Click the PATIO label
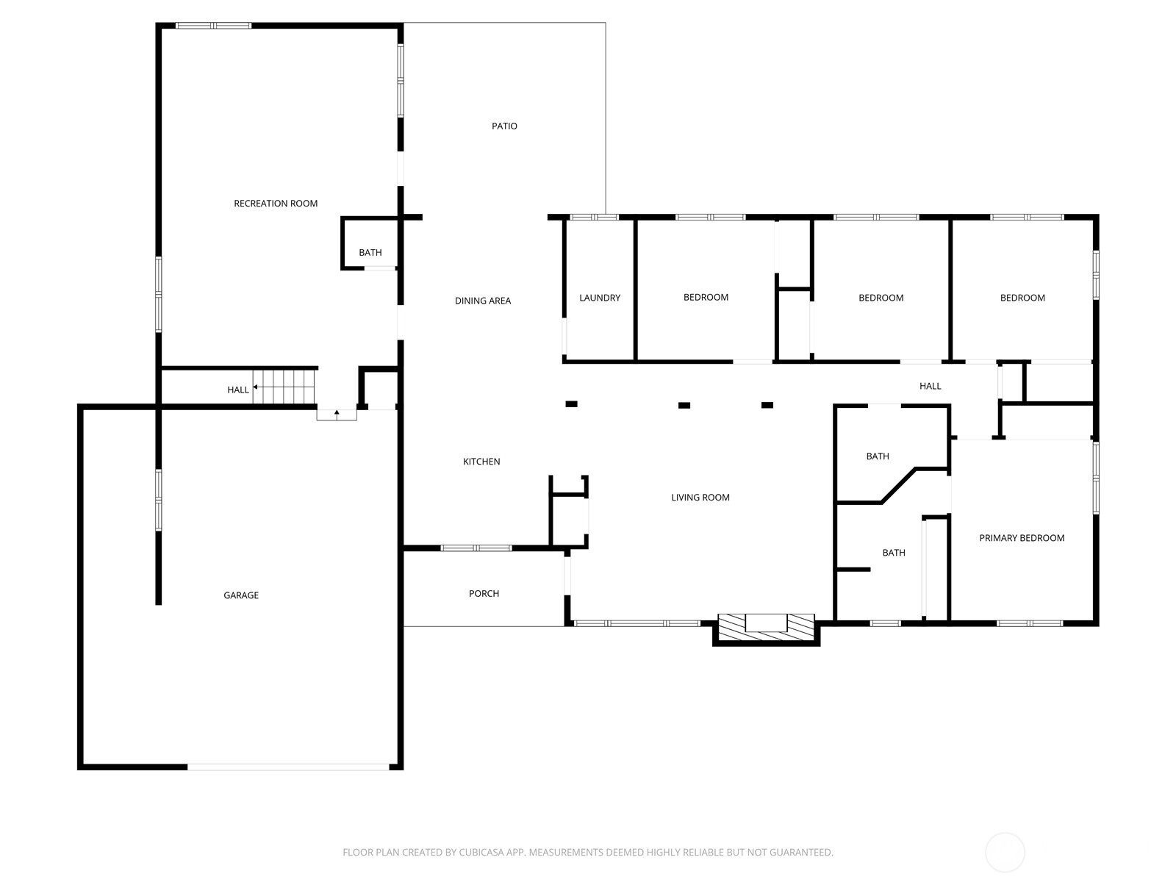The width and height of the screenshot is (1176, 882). coord(504,126)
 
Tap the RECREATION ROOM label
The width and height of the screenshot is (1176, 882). coord(276,204)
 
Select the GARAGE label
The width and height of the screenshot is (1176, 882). coord(241,595)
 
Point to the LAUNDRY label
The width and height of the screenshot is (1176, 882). coord(600,298)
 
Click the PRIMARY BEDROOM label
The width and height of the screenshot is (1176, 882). coord(1022,538)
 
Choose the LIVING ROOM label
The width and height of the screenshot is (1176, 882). coord(700,498)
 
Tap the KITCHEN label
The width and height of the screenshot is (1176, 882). coord(481,462)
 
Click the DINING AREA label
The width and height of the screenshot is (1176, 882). coord(483,301)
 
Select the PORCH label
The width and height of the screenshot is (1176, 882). coord(484,593)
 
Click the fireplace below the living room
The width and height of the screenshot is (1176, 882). coord(766,629)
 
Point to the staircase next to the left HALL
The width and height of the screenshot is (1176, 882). coord(285,387)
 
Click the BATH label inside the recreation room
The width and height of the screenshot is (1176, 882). coord(370,253)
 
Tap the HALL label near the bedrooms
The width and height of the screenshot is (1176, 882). coord(930,386)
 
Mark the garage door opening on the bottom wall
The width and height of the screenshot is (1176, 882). coord(288,767)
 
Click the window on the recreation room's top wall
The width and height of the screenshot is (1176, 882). coord(214,26)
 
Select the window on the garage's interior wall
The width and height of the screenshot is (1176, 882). coord(159,501)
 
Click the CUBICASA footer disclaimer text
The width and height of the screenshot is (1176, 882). coord(588,852)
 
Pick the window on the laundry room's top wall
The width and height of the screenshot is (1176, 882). coord(594,218)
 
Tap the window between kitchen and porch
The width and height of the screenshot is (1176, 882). coord(476,548)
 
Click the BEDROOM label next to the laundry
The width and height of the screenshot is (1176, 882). coord(706,297)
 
